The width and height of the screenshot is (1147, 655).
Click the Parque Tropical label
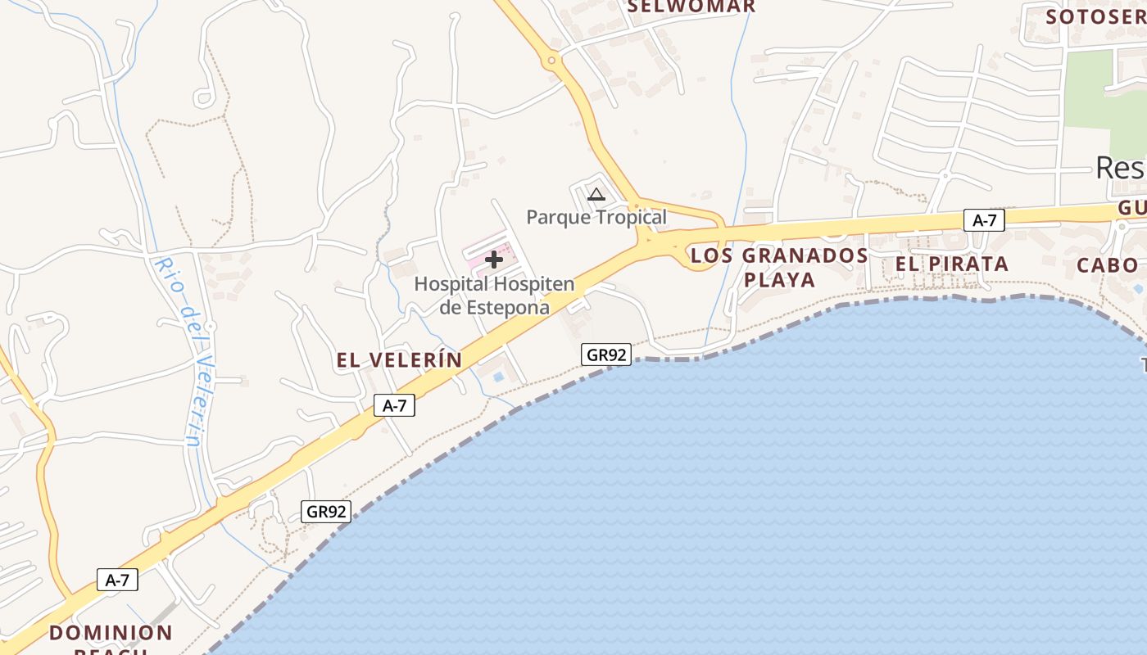(596, 217)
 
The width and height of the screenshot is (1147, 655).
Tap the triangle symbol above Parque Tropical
(596, 195)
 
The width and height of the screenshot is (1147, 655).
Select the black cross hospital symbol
(494, 260)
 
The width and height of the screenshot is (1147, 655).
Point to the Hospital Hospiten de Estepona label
(494, 296)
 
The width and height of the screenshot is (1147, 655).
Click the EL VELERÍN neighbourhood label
(399, 360)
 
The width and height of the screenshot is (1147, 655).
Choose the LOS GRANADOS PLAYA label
(779, 268)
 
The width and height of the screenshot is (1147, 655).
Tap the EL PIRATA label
(951, 264)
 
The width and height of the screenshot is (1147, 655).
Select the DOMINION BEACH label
(111, 634)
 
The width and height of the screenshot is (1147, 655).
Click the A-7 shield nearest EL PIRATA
(984, 219)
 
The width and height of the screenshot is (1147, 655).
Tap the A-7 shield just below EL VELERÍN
(394, 405)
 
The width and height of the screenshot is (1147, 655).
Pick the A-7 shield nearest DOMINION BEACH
(117, 580)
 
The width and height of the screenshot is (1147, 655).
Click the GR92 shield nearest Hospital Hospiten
(607, 355)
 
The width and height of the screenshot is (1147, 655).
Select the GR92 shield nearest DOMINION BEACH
(326, 512)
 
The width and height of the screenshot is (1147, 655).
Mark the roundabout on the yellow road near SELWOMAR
(551, 60)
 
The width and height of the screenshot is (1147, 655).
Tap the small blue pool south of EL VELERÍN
(498, 377)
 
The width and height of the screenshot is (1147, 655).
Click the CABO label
(1107, 265)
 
